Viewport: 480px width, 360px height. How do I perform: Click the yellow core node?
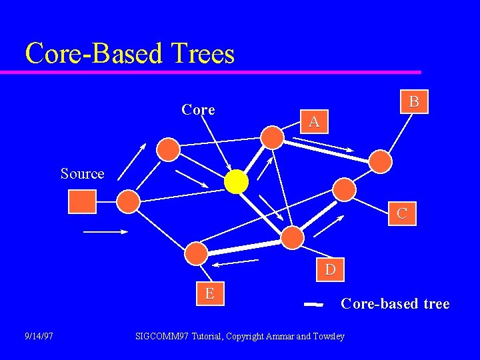(x=236, y=181)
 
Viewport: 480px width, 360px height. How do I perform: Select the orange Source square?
(x=82, y=201)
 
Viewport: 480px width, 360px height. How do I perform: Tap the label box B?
(x=414, y=101)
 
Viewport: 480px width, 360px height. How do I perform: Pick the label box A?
(x=313, y=121)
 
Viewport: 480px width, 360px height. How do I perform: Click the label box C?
(x=402, y=213)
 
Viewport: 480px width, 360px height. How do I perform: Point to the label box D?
(x=330, y=269)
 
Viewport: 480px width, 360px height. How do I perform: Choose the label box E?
(x=209, y=293)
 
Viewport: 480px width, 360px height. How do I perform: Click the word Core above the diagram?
(x=198, y=109)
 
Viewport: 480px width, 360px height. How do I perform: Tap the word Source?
(x=82, y=173)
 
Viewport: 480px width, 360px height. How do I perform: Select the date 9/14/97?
(x=38, y=336)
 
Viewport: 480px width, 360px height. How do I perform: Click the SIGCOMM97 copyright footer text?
(x=239, y=336)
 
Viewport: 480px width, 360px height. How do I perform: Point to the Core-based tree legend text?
(x=395, y=304)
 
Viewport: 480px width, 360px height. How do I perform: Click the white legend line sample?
(x=313, y=304)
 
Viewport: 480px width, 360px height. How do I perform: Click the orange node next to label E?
(x=196, y=253)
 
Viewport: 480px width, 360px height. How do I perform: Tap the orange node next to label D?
(x=292, y=237)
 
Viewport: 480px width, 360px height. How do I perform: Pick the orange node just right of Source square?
(x=128, y=201)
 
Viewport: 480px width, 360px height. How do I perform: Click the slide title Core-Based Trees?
(x=130, y=53)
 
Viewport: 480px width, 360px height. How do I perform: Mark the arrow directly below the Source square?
(x=105, y=231)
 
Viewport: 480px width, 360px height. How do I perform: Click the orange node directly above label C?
(x=344, y=189)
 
